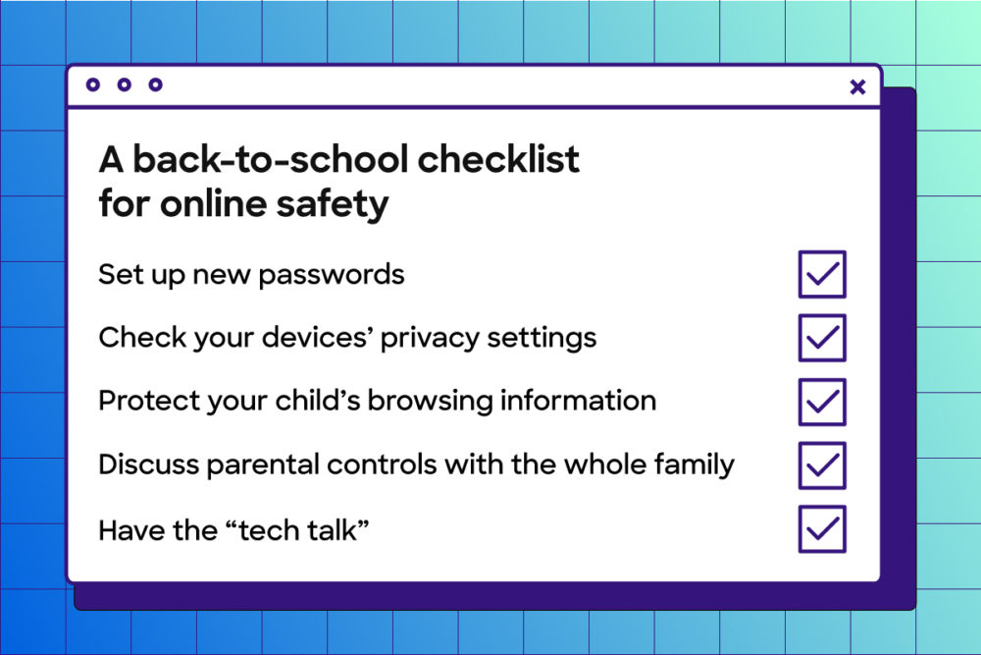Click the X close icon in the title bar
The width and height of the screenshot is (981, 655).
pos(857,87)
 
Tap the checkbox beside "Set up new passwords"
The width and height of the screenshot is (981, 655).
pos(822,274)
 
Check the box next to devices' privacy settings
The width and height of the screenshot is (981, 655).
pos(822,338)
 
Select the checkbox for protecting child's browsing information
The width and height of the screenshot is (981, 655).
pos(822,402)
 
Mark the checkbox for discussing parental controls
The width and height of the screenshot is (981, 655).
pos(822,465)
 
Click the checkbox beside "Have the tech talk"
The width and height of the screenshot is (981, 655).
pos(822,529)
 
